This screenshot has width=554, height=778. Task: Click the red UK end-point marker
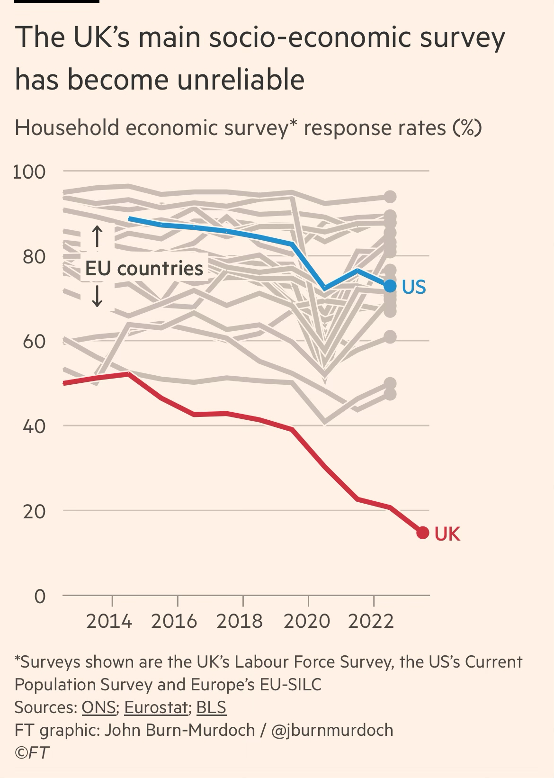pos(422,533)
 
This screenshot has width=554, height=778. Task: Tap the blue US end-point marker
pos(390,286)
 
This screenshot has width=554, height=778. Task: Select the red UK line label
pos(447,534)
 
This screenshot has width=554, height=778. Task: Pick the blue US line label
pos(414,287)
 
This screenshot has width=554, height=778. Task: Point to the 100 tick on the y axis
pos(29,172)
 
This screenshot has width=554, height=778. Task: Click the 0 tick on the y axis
pos(40,596)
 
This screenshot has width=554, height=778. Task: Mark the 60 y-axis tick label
pos(34,341)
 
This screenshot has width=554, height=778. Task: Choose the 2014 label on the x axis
pos(109,621)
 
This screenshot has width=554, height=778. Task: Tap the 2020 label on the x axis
pos(306,621)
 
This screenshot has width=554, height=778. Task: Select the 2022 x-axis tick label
pos(371,621)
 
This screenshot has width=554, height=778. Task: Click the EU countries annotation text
pos(144,269)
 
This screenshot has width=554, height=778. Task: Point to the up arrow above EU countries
pos(97,236)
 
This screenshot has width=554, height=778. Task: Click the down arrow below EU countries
pos(97,297)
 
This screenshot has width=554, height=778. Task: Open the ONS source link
pos(99,707)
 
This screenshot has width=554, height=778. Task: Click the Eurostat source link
pos(156,707)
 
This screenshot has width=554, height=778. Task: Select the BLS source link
pos(211,707)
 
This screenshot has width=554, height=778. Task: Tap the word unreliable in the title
pos(241,79)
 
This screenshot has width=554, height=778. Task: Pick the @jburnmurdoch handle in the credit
pos(332,730)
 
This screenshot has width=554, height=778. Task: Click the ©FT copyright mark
pos(32,753)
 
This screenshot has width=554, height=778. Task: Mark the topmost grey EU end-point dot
pos(390,197)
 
